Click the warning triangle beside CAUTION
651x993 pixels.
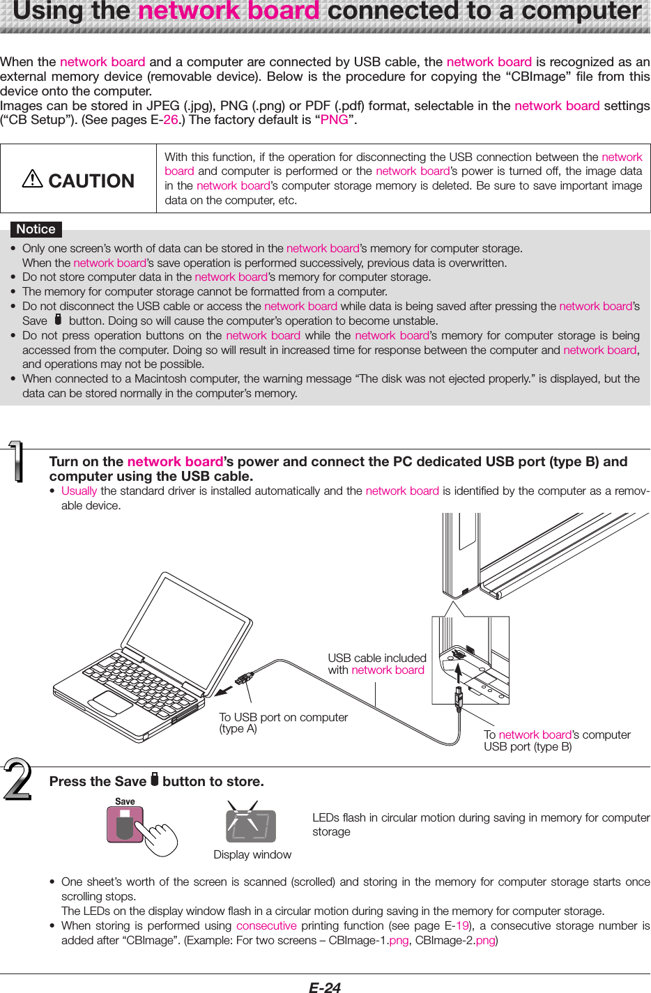pyautogui.click(x=33, y=180)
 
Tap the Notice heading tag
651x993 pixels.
pyautogui.click(x=36, y=229)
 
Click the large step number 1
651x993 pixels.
pyautogui.click(x=15, y=462)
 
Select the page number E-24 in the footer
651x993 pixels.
pyautogui.click(x=325, y=987)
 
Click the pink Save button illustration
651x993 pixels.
pyautogui.click(x=125, y=825)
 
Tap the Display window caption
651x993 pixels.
pyautogui.click(x=252, y=854)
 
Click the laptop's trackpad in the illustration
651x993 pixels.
pyautogui.click(x=112, y=703)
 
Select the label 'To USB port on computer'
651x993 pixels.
pyautogui.click(x=283, y=717)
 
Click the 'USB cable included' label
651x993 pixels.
pyautogui.click(x=377, y=658)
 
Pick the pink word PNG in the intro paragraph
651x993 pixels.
pyautogui.click(x=334, y=120)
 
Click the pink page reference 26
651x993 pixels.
pyautogui.click(x=171, y=120)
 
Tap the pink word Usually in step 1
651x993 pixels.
pyautogui.click(x=79, y=491)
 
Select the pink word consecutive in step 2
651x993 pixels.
pyautogui.click(x=266, y=925)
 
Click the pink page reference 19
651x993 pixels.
pyautogui.click(x=462, y=925)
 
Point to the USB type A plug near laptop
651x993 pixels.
pyautogui.click(x=244, y=677)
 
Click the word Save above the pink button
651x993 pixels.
pyautogui.click(x=125, y=801)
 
